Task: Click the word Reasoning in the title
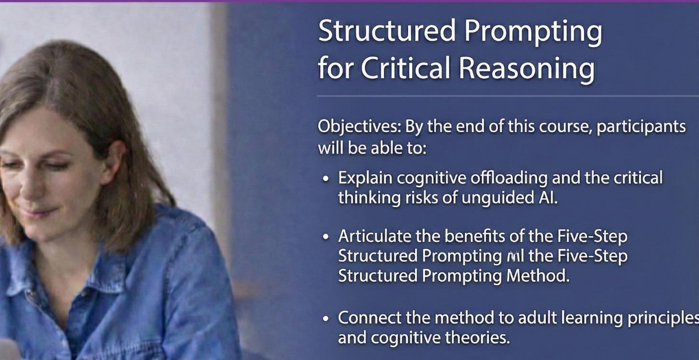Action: [x=527, y=68]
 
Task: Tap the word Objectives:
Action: [x=359, y=127]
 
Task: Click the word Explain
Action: [x=365, y=178]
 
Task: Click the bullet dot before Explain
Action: [x=327, y=179]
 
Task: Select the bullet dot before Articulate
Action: [x=327, y=237]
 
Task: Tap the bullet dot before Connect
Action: [x=327, y=318]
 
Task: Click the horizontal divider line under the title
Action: [x=507, y=96]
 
